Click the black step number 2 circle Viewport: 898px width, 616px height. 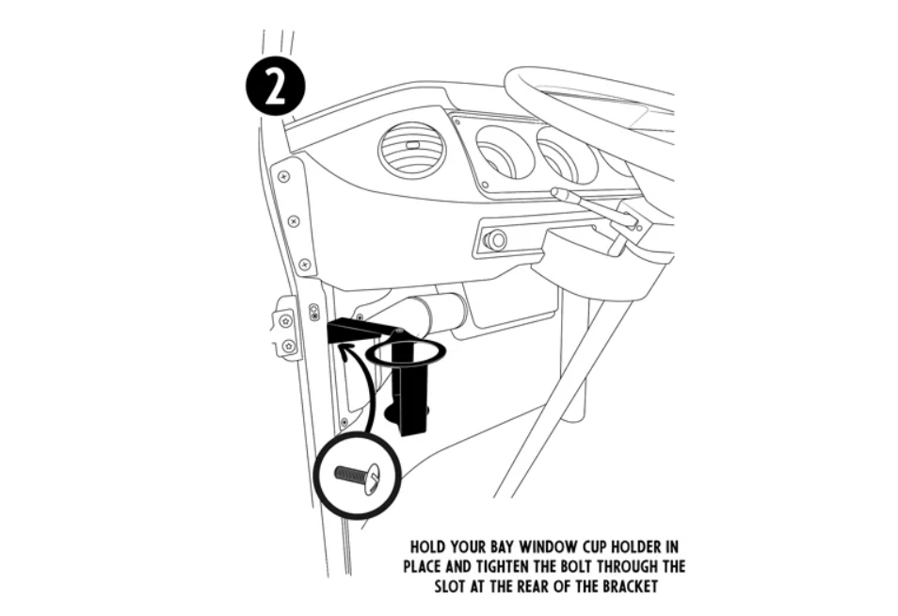276,86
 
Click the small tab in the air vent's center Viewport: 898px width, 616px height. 411,146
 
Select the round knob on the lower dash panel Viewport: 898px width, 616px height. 495,239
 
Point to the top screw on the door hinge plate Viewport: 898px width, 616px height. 283,177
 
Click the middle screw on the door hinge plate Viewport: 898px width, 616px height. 294,220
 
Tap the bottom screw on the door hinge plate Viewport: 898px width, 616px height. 305,264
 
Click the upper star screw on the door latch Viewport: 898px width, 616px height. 285,321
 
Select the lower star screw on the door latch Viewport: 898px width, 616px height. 289,346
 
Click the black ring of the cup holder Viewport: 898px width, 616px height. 406,352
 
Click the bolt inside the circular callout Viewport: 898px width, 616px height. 358,475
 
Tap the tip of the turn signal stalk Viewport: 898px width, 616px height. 554,192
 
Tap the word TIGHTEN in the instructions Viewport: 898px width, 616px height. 503,567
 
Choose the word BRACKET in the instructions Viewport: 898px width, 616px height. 627,587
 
